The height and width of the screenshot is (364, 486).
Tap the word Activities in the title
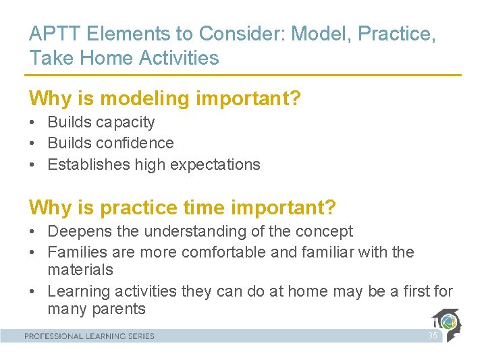point(179,58)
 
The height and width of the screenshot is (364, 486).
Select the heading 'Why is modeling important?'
point(165,99)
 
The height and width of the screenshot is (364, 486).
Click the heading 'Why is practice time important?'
point(182,208)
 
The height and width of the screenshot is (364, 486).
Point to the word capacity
point(125,123)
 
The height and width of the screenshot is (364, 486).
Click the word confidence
point(135,143)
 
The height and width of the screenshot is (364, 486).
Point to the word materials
point(80,270)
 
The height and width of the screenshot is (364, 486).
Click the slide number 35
point(432,336)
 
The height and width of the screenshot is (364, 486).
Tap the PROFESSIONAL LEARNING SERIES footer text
point(89,336)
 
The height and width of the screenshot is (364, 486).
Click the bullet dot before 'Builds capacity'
point(32,123)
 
